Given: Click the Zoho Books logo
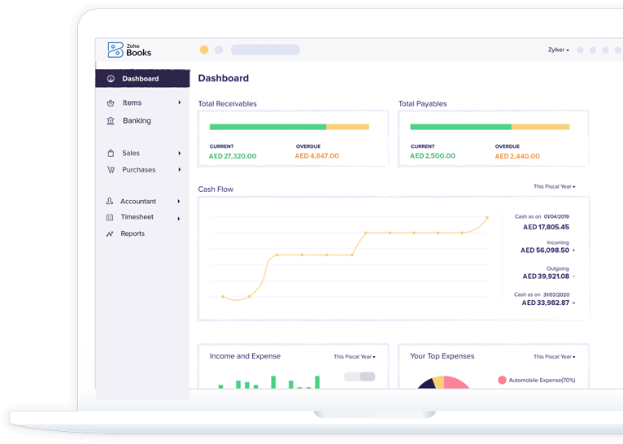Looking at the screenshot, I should click(129, 50).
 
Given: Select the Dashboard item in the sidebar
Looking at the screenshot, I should click(140, 79).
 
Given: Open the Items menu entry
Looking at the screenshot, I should click(132, 103).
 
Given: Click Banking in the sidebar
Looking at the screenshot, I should click(136, 120).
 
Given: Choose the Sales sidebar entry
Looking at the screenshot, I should click(130, 153).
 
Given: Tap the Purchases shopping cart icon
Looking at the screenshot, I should click(111, 170).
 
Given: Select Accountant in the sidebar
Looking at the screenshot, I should click(137, 202).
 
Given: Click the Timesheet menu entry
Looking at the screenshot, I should click(137, 217).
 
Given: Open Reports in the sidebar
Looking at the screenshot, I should click(132, 234).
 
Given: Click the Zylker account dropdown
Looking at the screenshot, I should click(558, 50).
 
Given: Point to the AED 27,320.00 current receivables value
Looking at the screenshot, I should click(233, 156).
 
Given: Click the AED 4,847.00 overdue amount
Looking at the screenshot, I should click(316, 156).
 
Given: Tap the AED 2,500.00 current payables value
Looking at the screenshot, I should click(433, 156).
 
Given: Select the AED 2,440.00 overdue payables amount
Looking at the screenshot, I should click(516, 156).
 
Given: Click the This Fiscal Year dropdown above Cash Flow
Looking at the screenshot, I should click(554, 187).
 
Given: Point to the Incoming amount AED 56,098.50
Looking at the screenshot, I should click(545, 250).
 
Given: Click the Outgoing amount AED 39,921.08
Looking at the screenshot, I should click(546, 276).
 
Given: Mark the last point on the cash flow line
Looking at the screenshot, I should click(487, 218).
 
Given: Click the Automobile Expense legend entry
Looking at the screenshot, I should click(541, 380).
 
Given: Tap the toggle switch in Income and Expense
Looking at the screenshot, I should click(359, 377).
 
